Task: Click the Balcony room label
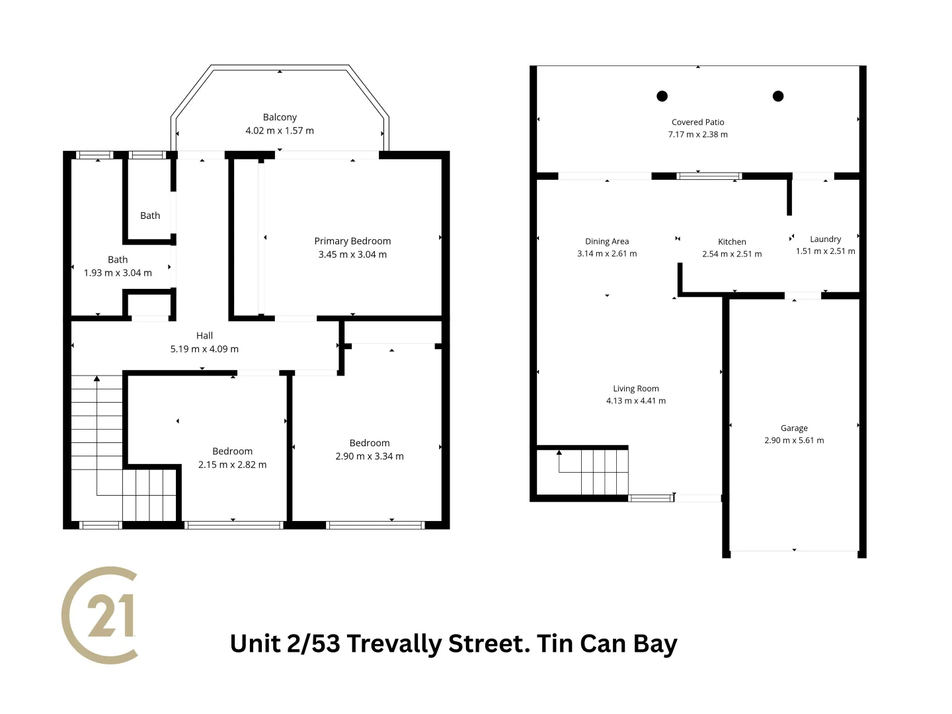point(280,117)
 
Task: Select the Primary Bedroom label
point(352,241)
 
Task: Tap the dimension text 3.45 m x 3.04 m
point(352,255)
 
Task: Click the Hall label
point(204,336)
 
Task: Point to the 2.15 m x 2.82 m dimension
point(232,465)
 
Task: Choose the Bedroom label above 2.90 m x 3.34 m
point(370,443)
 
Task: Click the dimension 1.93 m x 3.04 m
point(118,273)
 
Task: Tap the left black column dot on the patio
point(662,96)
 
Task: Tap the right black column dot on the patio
point(778,96)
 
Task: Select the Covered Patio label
point(697,122)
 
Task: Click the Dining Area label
point(607,241)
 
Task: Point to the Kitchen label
point(732,242)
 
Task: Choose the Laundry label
point(825,239)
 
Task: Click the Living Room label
point(635,389)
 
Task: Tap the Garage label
point(794,428)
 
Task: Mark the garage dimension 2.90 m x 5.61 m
point(794,440)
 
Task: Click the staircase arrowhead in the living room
point(559,453)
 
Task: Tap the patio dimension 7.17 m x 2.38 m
point(697,135)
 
